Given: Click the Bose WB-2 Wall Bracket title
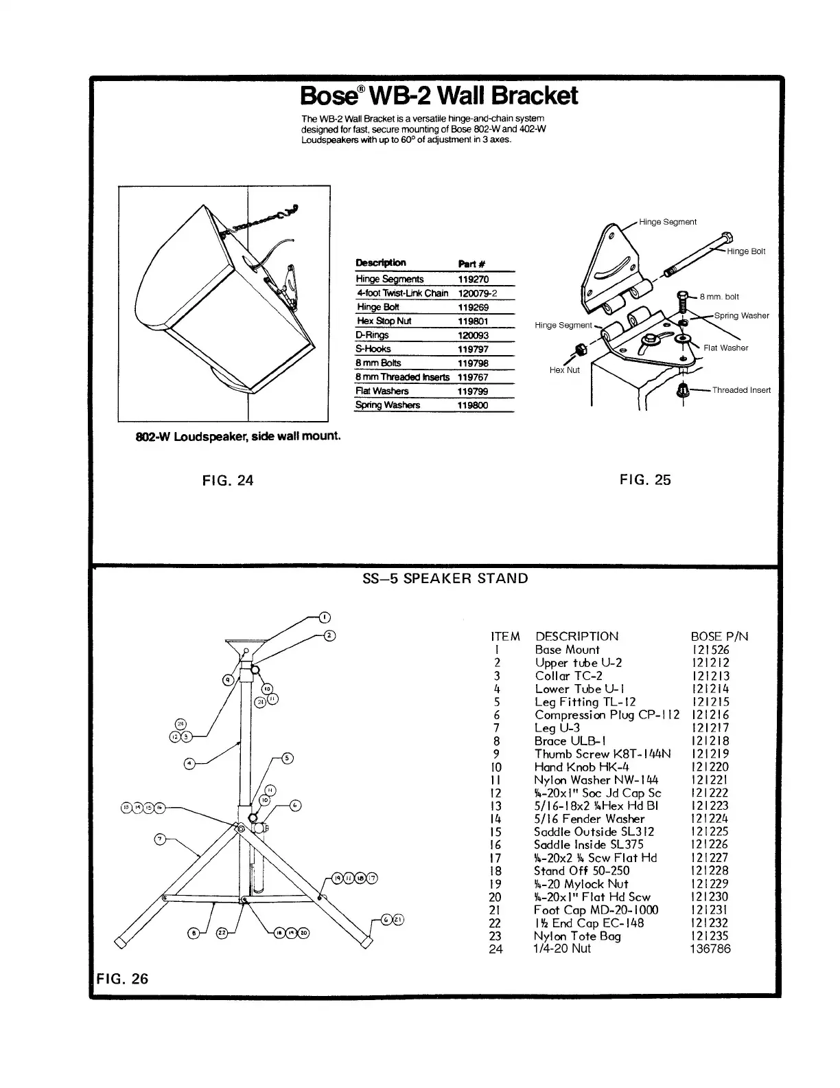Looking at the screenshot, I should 439,96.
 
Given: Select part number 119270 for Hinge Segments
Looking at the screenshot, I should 473,280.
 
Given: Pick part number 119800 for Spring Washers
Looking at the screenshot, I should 473,405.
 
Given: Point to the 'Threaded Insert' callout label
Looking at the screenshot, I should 741,390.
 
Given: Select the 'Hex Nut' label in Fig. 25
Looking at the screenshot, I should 564,370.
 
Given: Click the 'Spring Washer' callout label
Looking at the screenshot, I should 741,316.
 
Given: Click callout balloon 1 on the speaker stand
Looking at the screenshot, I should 325,616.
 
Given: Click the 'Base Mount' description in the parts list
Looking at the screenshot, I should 567,650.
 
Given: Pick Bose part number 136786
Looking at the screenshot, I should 710,949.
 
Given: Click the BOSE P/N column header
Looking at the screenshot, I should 719,637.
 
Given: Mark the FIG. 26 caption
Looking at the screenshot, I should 121,979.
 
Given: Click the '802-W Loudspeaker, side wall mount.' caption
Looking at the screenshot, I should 239,436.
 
